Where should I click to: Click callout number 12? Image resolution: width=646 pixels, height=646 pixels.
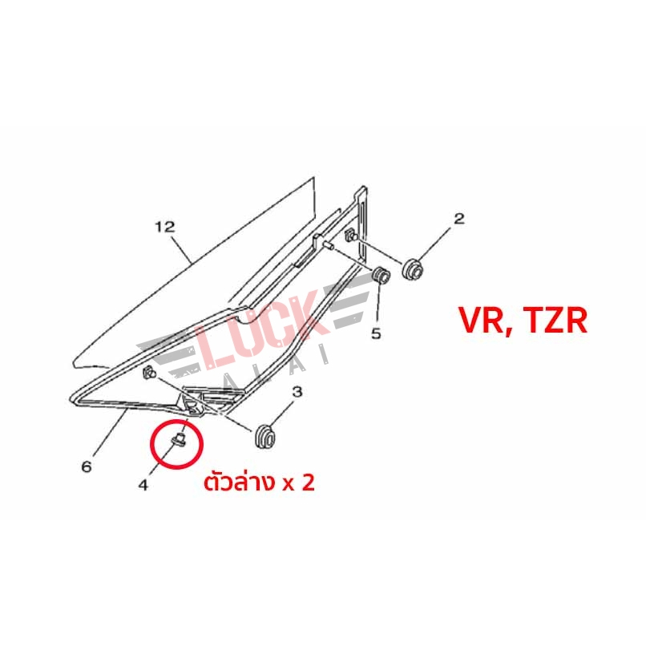(x=165, y=227)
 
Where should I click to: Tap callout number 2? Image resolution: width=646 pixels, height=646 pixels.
(x=459, y=218)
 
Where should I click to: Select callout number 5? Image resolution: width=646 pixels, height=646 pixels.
(x=376, y=333)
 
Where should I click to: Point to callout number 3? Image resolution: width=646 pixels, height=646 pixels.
(x=297, y=391)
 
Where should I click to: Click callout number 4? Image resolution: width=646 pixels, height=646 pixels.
(x=143, y=485)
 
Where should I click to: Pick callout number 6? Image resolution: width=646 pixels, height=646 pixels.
(x=87, y=466)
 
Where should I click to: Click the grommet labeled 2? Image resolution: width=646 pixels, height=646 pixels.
(x=413, y=269)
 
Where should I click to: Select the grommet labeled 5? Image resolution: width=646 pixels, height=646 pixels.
(x=381, y=275)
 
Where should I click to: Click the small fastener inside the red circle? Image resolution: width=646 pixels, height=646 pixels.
(x=180, y=439)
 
